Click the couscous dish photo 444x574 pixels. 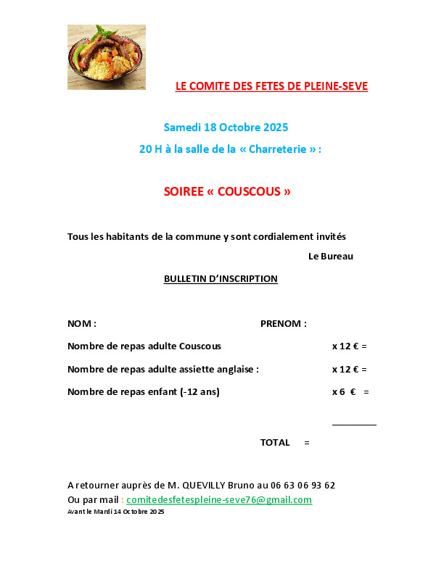[x=106, y=57]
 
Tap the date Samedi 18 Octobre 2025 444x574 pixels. [x=226, y=128]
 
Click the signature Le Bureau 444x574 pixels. [x=330, y=256]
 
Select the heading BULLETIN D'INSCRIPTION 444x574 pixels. [x=221, y=278]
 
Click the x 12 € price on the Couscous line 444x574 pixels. [x=345, y=346]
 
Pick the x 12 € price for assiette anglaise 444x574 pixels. [x=345, y=369]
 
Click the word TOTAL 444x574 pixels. [x=275, y=442]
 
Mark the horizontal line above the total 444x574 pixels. [x=354, y=424]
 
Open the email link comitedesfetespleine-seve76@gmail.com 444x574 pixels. [x=219, y=500]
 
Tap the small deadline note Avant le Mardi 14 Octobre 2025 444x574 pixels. [x=116, y=512]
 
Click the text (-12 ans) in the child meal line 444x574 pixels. [x=200, y=392]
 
